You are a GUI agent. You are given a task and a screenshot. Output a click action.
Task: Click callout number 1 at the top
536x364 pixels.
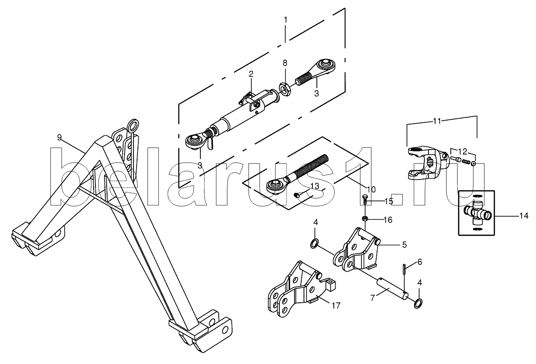[286, 20]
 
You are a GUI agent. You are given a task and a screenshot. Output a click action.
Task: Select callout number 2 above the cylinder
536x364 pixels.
[251, 74]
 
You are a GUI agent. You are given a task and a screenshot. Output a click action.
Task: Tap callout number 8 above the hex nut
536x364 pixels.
[285, 63]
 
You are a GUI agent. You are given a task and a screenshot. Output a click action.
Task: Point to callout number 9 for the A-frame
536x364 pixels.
[59, 137]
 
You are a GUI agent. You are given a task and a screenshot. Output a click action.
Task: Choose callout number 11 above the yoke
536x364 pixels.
[436, 121]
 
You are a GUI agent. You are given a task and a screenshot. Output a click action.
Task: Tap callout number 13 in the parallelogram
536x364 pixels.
[315, 186]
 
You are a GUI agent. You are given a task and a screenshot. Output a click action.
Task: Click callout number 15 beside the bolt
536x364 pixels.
[389, 201]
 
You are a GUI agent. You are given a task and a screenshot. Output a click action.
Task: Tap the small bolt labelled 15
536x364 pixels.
[365, 199]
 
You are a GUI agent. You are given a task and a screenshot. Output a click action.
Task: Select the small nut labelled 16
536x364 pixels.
[365, 218]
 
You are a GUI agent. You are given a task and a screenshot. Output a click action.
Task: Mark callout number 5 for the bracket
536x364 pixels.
[404, 244]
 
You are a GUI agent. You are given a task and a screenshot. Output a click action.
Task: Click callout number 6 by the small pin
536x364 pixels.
[420, 262]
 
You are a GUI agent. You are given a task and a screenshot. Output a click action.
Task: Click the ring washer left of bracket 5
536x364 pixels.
[315, 243]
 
